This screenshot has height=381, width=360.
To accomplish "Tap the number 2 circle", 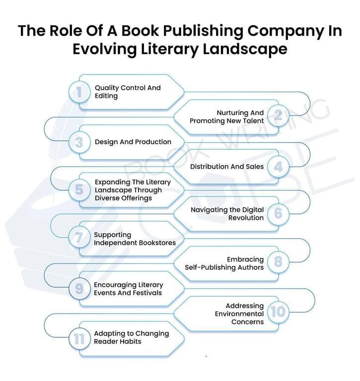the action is [278, 117].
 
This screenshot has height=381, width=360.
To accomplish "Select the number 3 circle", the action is [79, 142].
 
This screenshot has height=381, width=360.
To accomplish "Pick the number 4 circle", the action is [278, 167].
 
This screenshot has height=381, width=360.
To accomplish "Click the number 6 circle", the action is [278, 214].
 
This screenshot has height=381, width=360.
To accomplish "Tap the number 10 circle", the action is [278, 312].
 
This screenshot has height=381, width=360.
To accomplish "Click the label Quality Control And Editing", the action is [128, 92].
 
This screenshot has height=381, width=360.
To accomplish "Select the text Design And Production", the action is [133, 142].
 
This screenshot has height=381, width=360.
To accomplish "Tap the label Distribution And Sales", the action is [227, 167].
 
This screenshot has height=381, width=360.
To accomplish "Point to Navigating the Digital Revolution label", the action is [227, 214].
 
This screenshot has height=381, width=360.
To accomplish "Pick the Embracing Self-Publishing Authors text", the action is [224, 263].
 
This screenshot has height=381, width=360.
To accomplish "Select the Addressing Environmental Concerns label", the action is [239, 314].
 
